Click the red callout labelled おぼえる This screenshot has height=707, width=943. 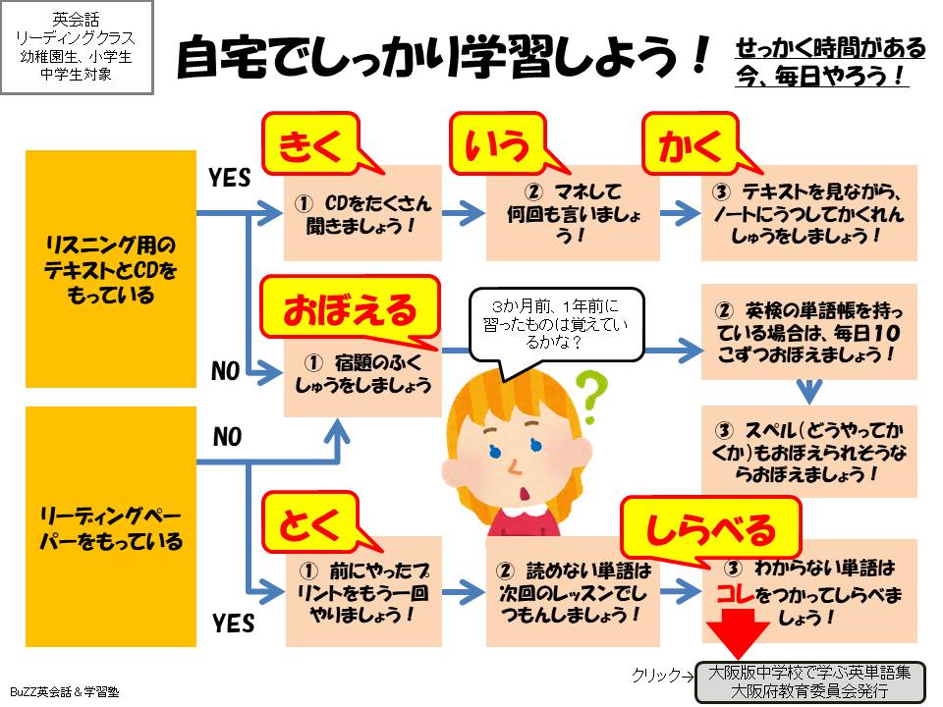(351, 310)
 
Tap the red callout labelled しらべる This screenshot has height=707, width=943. (709, 530)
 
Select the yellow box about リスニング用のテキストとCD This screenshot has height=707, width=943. (111, 268)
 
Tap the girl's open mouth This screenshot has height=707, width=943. (525, 489)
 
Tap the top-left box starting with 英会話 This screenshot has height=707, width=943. (77, 47)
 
